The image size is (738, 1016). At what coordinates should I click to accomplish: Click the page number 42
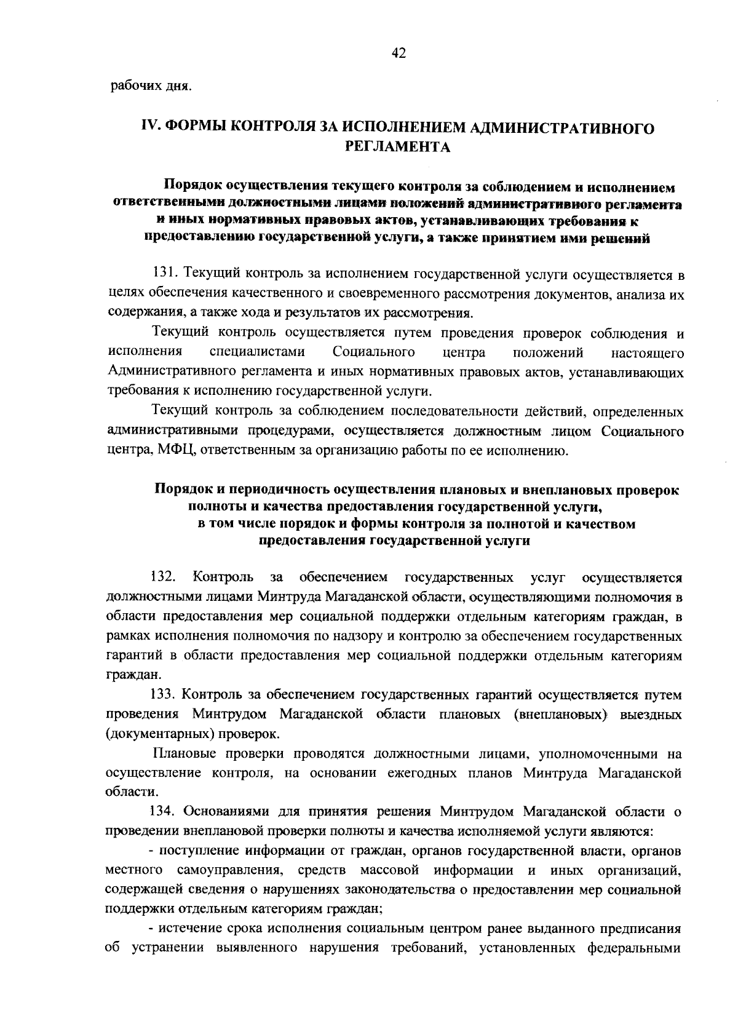point(399,54)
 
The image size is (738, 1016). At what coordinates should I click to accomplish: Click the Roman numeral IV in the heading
point(150,127)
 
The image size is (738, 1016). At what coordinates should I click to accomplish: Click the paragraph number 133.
point(164,695)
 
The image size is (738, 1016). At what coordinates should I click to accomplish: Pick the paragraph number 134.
point(164,812)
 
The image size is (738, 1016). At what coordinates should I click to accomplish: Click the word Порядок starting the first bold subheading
point(192,186)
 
